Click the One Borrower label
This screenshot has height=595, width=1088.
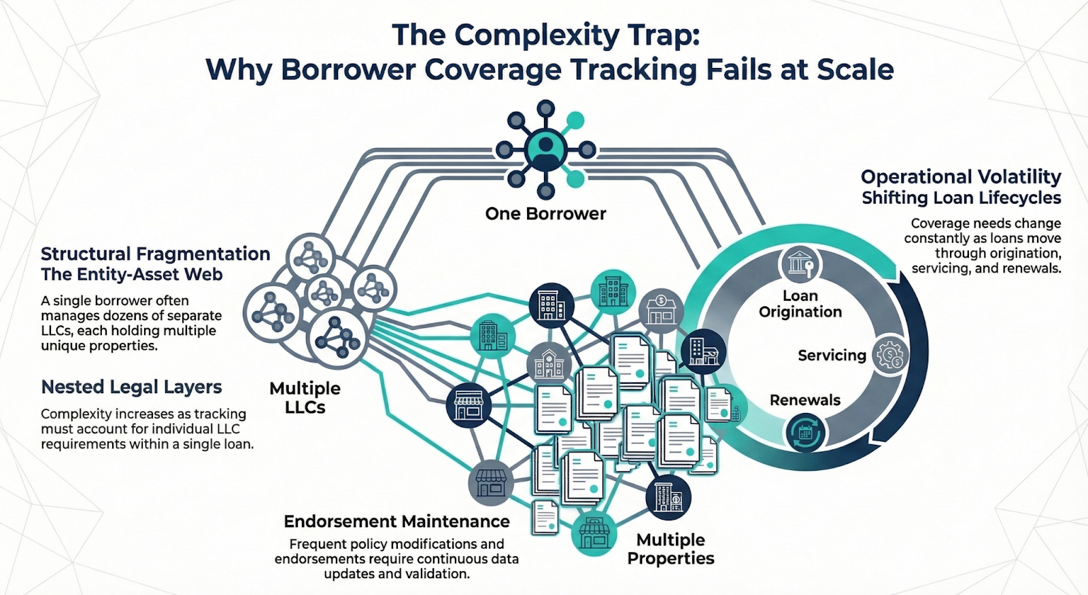tap(545, 213)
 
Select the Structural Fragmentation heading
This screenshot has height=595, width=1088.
tap(155, 254)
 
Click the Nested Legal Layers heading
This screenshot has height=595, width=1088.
tap(131, 387)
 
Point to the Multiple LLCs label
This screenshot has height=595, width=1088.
tap(305, 397)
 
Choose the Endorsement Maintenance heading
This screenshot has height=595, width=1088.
tap(396, 521)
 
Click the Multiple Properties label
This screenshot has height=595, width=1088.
tap(670, 549)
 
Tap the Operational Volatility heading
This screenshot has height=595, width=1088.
tap(961, 177)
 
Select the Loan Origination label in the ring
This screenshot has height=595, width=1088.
tap(800, 304)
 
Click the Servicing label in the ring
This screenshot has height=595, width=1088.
tap(832, 355)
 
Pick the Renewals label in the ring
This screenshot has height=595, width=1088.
tap(805, 400)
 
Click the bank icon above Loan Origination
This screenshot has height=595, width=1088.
tap(800, 264)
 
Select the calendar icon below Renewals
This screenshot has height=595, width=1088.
tap(806, 432)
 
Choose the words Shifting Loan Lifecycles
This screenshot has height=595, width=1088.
tap(961, 198)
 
